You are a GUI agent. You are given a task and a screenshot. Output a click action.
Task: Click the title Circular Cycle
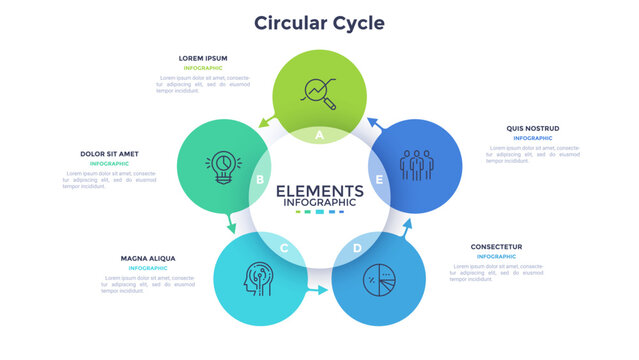(x=319, y=22)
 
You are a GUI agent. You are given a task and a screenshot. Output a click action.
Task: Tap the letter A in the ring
(x=319, y=133)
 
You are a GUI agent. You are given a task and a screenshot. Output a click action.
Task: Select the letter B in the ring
(x=260, y=180)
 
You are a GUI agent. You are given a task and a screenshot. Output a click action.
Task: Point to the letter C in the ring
(x=284, y=248)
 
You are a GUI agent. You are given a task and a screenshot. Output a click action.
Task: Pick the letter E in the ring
(x=379, y=180)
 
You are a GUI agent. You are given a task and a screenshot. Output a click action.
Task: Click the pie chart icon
(x=378, y=278)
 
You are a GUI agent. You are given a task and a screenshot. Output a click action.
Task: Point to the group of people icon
(x=415, y=163)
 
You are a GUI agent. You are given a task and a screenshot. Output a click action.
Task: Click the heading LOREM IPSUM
(x=203, y=58)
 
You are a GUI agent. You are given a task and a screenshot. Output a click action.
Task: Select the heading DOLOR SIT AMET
(x=110, y=154)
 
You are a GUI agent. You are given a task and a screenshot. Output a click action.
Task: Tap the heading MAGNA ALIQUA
(x=148, y=258)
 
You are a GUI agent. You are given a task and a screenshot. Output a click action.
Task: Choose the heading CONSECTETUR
(x=497, y=246)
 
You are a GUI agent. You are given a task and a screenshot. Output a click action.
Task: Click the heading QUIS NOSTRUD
(x=533, y=128)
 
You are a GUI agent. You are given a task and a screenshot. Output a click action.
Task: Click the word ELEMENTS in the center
(x=319, y=190)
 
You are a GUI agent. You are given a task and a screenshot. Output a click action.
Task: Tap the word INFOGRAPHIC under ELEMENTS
(x=319, y=203)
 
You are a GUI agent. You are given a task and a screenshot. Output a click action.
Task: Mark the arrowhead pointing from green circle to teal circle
(x=262, y=122)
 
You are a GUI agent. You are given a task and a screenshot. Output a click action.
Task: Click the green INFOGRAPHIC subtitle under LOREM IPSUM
(x=203, y=68)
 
